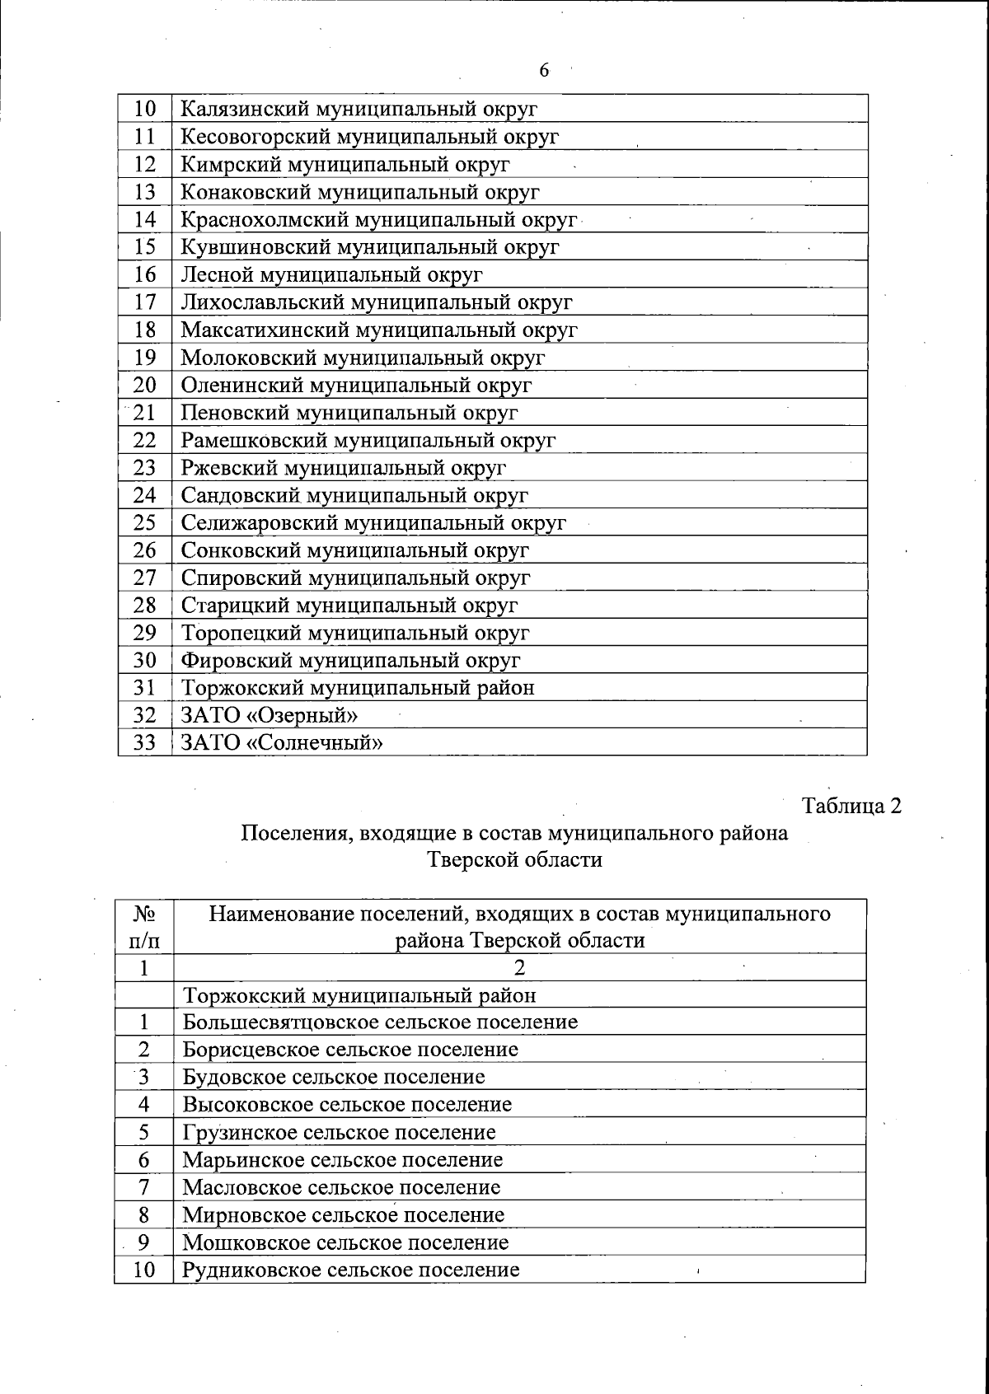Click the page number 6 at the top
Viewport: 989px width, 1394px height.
[544, 70]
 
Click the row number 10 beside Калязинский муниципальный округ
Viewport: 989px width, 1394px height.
[145, 109]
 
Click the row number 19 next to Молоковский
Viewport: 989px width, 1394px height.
[145, 358]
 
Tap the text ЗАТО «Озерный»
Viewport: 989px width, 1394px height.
[270, 715]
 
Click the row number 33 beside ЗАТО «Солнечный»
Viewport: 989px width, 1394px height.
[145, 743]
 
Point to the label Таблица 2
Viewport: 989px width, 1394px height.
[852, 805]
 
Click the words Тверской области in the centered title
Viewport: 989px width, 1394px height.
[515, 860]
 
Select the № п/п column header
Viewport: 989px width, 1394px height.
[144, 926]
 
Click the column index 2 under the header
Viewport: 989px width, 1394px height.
[519, 967]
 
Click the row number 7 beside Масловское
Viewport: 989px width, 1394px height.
[144, 1187]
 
